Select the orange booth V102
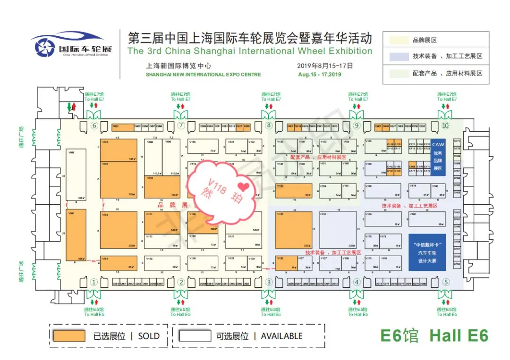76,235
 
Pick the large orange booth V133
294,230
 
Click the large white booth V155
337,230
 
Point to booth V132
294,190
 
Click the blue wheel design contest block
427,252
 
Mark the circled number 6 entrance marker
94,126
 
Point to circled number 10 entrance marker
445,126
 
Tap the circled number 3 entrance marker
269,282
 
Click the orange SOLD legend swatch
69,336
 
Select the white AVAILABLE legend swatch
194,336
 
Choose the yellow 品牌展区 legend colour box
398,40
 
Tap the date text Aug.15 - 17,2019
319,75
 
